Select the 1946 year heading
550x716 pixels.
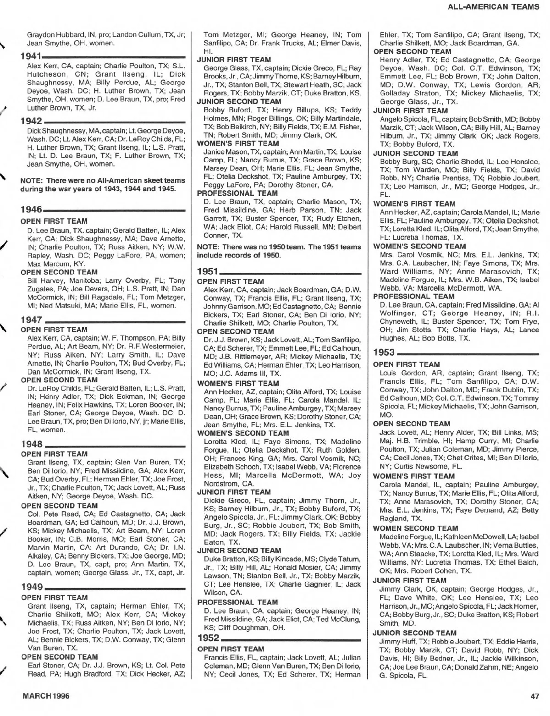(31, 210)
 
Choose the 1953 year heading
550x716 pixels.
(385, 353)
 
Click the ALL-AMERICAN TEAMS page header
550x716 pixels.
(493, 7)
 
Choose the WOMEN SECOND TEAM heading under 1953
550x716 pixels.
(416, 528)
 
